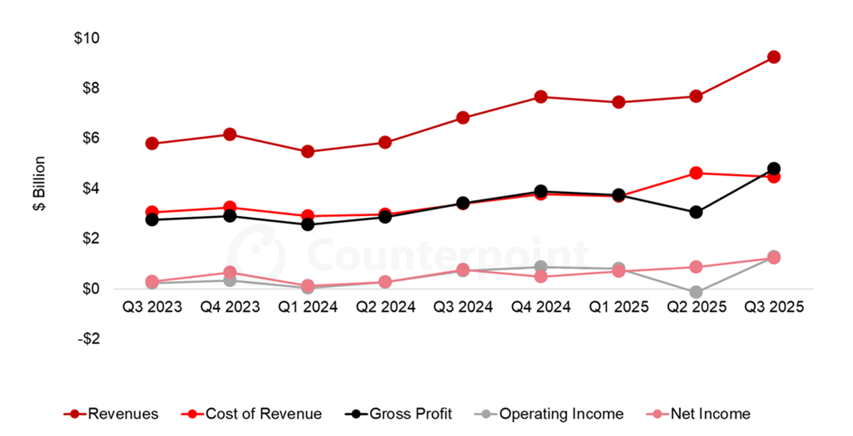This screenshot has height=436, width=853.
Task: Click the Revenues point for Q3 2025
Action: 774,57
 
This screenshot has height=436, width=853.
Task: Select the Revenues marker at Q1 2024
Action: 307,152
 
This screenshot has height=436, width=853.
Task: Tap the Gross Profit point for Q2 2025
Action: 696,212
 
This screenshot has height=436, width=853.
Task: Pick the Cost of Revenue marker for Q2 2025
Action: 696,174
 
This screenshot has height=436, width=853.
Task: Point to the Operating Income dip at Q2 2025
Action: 696,292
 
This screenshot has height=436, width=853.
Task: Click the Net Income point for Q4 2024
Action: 541,276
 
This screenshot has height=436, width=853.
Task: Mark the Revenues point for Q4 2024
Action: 541,97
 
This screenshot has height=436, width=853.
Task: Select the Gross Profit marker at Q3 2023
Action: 152,220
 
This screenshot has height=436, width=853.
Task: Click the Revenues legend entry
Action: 111,414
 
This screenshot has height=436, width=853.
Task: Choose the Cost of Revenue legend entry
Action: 252,414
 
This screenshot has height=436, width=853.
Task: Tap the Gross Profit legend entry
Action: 399,414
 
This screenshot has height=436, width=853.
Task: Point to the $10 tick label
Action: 86,38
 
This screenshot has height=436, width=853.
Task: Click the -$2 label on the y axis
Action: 88,339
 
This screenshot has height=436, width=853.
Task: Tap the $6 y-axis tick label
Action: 90,138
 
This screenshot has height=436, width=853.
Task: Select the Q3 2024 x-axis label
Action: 463,307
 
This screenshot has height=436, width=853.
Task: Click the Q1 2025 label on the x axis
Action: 618,307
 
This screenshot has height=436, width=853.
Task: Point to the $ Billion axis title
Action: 39,183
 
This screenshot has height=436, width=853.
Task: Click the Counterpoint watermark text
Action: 447,254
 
